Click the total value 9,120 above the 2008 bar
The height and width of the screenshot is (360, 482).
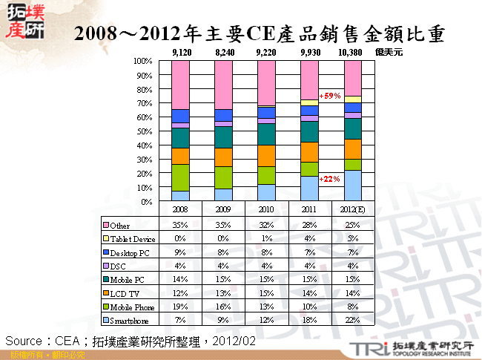[181, 53]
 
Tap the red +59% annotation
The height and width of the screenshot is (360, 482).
[329, 96]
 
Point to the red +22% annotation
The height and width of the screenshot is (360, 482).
[329, 179]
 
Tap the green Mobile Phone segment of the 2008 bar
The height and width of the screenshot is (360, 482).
[181, 177]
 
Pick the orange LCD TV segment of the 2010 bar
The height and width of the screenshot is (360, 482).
[266, 155]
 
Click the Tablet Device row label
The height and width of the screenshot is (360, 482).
[133, 238]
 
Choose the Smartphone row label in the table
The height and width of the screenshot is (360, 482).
[131, 320]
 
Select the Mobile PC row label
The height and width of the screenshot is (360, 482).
[127, 279]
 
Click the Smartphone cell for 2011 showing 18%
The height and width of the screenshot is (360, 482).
[309, 320]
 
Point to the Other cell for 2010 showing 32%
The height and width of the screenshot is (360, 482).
[266, 225]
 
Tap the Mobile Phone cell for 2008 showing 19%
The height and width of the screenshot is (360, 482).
[181, 307]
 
